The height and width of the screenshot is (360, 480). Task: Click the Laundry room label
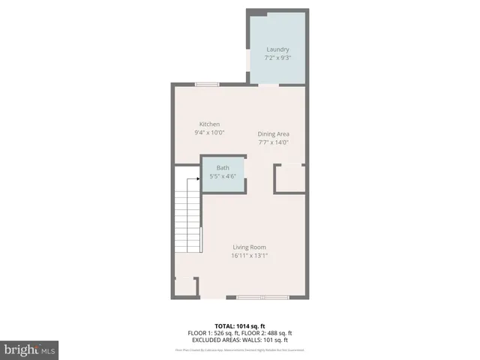coord(277,49)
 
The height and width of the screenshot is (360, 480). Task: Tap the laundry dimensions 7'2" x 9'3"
coord(277,58)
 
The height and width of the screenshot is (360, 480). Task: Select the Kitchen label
coord(209,124)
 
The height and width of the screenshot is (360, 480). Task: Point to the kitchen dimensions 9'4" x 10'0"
coord(209,133)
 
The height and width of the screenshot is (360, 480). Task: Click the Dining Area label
coord(274,134)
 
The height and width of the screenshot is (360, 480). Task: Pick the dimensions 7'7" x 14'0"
coord(274,142)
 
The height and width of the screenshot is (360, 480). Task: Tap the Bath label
coord(223,168)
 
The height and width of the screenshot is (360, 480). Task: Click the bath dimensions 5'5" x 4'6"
coord(223,176)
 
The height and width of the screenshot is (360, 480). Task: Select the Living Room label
coord(249,247)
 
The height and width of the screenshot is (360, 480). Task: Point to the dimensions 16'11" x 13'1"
coord(249,256)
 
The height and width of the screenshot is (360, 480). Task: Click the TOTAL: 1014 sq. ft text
coord(240,326)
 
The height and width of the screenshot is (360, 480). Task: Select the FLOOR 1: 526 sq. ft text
coord(213,333)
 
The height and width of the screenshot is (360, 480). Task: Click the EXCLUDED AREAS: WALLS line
coord(240,339)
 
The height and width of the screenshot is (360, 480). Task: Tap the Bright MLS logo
coord(30,349)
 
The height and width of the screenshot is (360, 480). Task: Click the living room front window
coord(262,298)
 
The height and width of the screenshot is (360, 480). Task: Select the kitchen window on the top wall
coord(207,84)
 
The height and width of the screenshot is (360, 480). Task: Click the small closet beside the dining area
coord(289,179)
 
